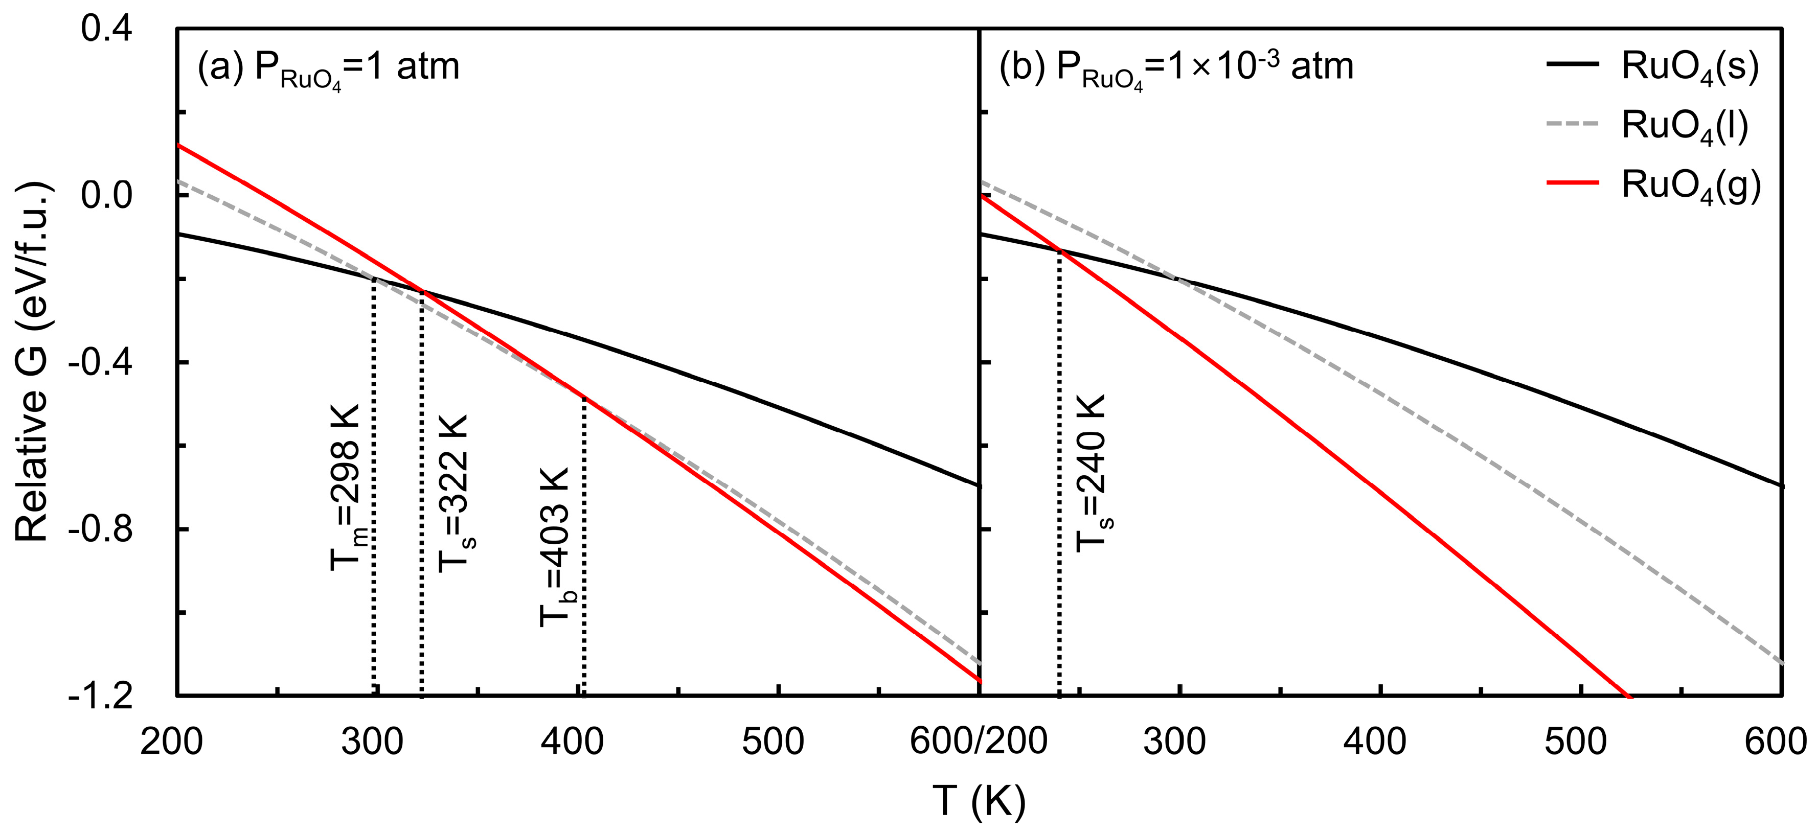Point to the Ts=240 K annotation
(x=1091, y=473)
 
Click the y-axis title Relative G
(x=32, y=362)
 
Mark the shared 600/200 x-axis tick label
(x=979, y=742)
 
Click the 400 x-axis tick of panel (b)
(x=1377, y=742)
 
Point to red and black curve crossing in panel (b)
(x=1059, y=250)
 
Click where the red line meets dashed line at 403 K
(x=583, y=398)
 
